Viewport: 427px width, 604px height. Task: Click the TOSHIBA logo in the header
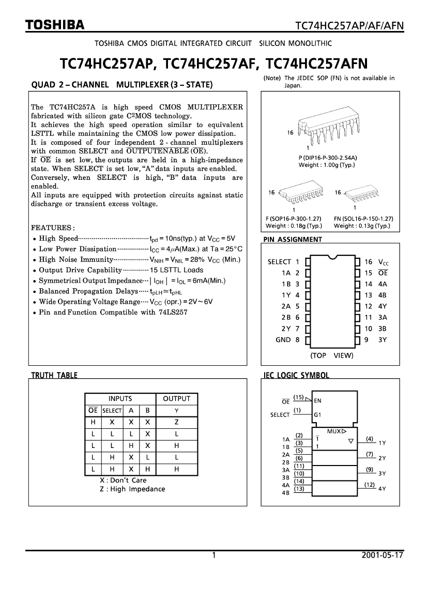55,25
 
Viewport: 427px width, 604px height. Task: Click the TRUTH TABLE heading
54,376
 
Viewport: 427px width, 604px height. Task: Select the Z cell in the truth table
177,422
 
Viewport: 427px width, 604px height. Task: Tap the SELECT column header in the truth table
112,411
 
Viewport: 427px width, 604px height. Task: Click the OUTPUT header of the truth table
177,399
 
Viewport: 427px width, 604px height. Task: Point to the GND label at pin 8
283,340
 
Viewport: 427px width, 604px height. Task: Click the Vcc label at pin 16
383,262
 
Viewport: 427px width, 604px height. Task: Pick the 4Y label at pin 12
383,306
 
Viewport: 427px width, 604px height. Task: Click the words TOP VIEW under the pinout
332,355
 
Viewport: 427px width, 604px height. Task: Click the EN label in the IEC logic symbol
317,400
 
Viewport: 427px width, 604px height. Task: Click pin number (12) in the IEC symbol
369,485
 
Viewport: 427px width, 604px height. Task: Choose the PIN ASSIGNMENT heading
293,240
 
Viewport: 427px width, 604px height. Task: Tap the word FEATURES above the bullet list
53,228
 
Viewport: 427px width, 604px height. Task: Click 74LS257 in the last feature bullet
173,313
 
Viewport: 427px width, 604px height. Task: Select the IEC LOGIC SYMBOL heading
296,376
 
